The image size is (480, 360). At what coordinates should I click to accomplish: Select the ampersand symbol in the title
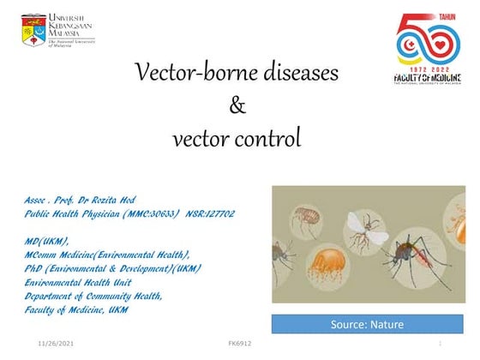click(238, 106)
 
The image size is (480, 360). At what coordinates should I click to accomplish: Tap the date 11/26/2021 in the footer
click(57, 343)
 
